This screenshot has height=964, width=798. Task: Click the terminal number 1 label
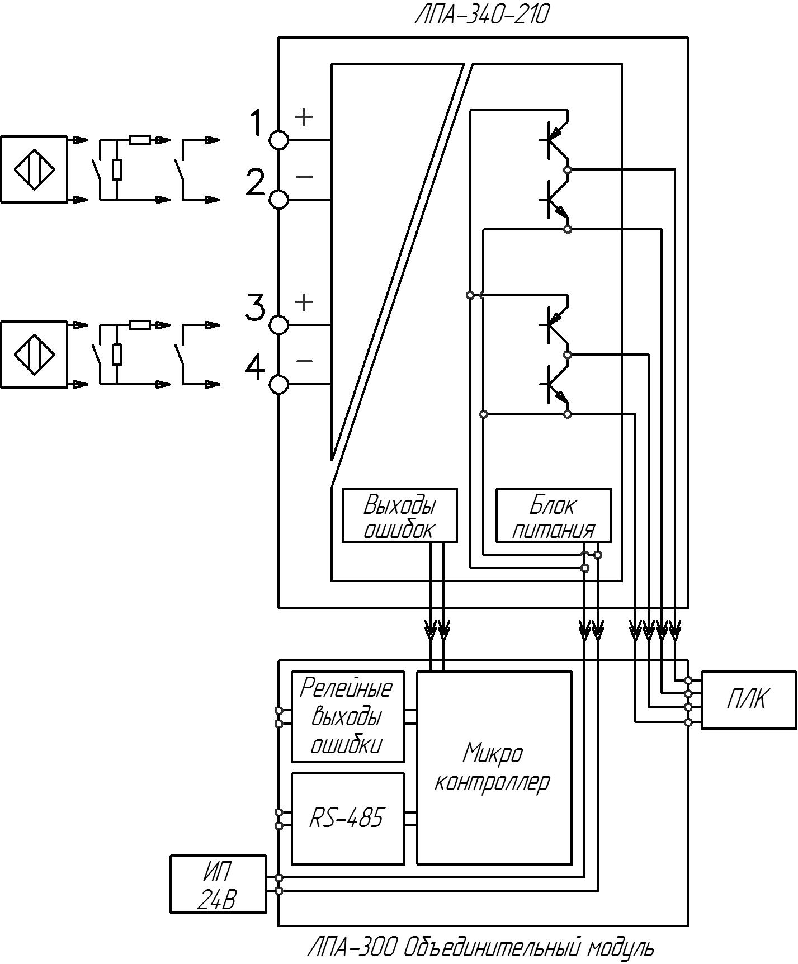(256, 123)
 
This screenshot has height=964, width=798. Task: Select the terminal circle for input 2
(279, 199)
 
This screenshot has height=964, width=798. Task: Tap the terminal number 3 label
(255, 308)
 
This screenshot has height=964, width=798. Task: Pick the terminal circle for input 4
(279, 384)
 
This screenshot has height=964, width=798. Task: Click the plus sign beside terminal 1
(304, 117)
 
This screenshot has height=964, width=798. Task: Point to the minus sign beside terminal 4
(304, 361)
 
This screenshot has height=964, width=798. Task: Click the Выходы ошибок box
(399, 515)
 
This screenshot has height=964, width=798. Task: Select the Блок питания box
(554, 515)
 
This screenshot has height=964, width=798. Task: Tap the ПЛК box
(749, 700)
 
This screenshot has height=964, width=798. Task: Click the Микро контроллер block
(494, 768)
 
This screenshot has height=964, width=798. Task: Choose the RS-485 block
(348, 819)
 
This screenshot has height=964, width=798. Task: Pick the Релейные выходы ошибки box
(348, 716)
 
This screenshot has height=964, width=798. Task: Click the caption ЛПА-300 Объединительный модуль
(481, 948)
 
